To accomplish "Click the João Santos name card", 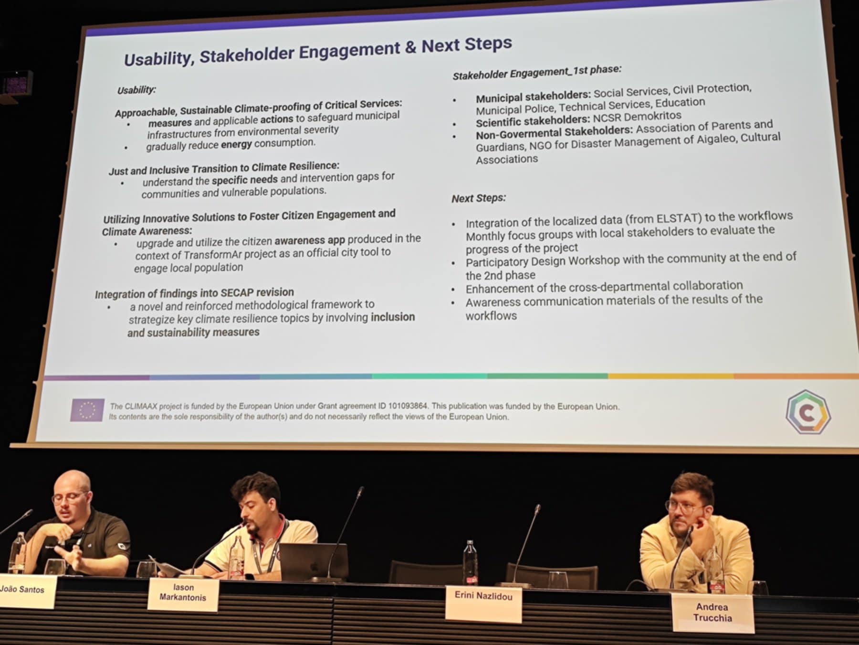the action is click(x=26, y=591).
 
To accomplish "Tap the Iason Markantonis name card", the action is click(x=183, y=594).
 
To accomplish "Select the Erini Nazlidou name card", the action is click(x=483, y=603).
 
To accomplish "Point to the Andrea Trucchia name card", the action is click(x=712, y=613).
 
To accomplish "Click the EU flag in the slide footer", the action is click(x=87, y=410).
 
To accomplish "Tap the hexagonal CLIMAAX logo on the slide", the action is click(x=808, y=412).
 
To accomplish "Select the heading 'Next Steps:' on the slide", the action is click(x=479, y=198).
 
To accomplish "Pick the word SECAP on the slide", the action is click(x=237, y=292).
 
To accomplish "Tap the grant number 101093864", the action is click(x=408, y=406).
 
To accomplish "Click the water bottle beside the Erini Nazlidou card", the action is click(x=470, y=563).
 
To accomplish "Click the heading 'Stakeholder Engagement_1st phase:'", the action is click(x=537, y=72).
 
